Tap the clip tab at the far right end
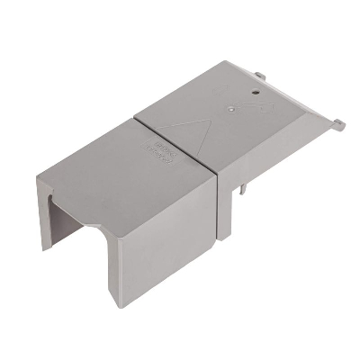[x=338, y=122]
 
